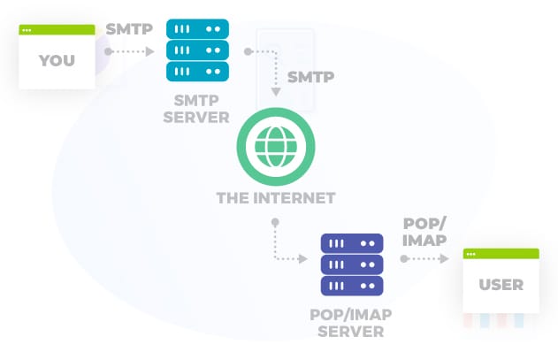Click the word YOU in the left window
(x=57, y=61)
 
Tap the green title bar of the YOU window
(x=57, y=30)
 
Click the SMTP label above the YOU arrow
(x=130, y=28)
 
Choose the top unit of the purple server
(x=351, y=243)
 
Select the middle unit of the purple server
(x=351, y=264)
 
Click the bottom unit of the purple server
(x=351, y=286)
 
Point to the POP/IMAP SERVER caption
(x=352, y=323)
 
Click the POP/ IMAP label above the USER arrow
(x=424, y=231)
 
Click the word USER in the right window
(x=501, y=285)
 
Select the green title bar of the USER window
(x=501, y=254)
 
